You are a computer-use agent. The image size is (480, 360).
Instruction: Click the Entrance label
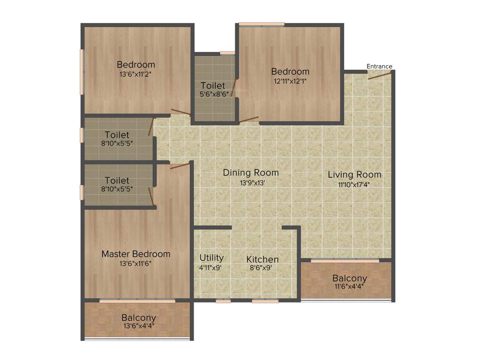coord(379,66)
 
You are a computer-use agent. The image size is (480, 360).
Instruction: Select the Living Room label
coord(354,175)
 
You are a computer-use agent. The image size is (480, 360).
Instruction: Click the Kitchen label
coord(262,259)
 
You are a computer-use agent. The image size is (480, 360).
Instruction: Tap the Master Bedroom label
coord(136,254)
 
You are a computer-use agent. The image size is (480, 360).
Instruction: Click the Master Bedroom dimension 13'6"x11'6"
coord(136,263)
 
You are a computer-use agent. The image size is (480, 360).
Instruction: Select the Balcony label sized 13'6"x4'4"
coord(139,317)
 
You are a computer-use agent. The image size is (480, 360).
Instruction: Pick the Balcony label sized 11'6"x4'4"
coord(350,278)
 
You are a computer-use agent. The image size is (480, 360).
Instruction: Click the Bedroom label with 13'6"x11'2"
coord(136,65)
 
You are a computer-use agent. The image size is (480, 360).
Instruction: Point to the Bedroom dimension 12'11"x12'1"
coord(291,82)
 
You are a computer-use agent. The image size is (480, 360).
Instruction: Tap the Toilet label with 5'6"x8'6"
coord(213,86)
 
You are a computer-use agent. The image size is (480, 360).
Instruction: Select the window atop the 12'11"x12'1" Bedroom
coord(262,24)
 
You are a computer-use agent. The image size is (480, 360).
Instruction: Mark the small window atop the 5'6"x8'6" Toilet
coord(227,53)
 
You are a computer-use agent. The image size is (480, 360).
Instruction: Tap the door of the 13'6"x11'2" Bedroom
coord(180,112)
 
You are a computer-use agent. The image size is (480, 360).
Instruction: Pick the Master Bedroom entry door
coord(180,165)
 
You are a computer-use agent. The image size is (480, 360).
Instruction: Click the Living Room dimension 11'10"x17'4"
coord(354,185)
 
